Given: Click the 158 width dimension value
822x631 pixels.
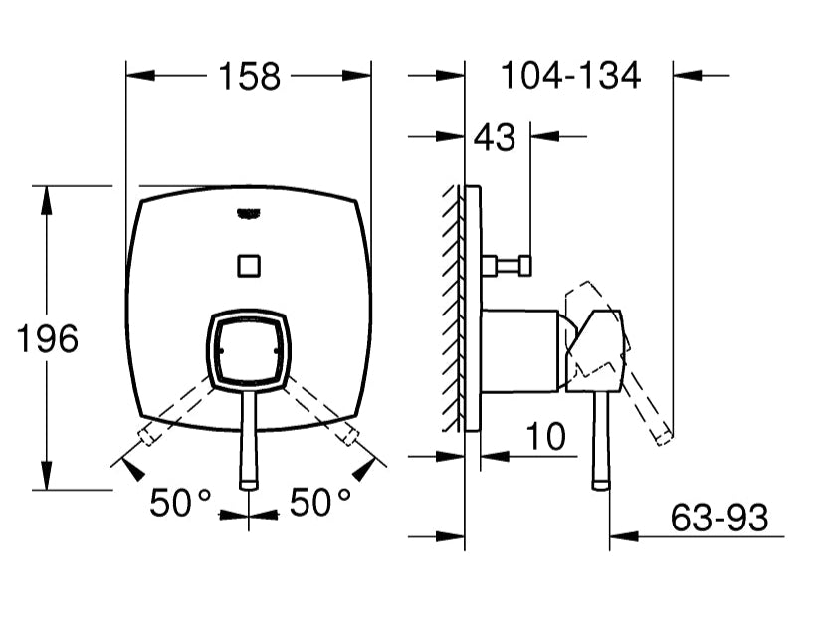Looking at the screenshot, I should click(x=249, y=76).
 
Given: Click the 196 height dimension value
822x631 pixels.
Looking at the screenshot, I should click(x=47, y=339).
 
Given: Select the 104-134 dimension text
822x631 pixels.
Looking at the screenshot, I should click(x=569, y=76).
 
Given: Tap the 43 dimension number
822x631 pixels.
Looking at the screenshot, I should click(x=495, y=138).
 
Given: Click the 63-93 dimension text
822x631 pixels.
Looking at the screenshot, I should click(x=719, y=518).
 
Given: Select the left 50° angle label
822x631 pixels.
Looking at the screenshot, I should click(x=181, y=503).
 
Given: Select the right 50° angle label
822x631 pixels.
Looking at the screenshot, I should click(x=320, y=503).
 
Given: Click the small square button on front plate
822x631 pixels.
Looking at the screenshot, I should click(x=249, y=266).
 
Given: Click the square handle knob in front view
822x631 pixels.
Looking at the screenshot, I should click(x=249, y=349).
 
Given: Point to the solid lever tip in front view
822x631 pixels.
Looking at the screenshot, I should click(x=249, y=482).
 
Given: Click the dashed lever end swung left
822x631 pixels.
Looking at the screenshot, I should click(x=147, y=436).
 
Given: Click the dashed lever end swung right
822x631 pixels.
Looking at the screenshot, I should click(x=350, y=436).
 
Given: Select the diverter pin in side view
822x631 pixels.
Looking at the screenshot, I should click(x=507, y=266).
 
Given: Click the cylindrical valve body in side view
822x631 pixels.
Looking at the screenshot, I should click(x=519, y=350).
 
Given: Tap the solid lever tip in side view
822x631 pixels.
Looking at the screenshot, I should click(x=600, y=482).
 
